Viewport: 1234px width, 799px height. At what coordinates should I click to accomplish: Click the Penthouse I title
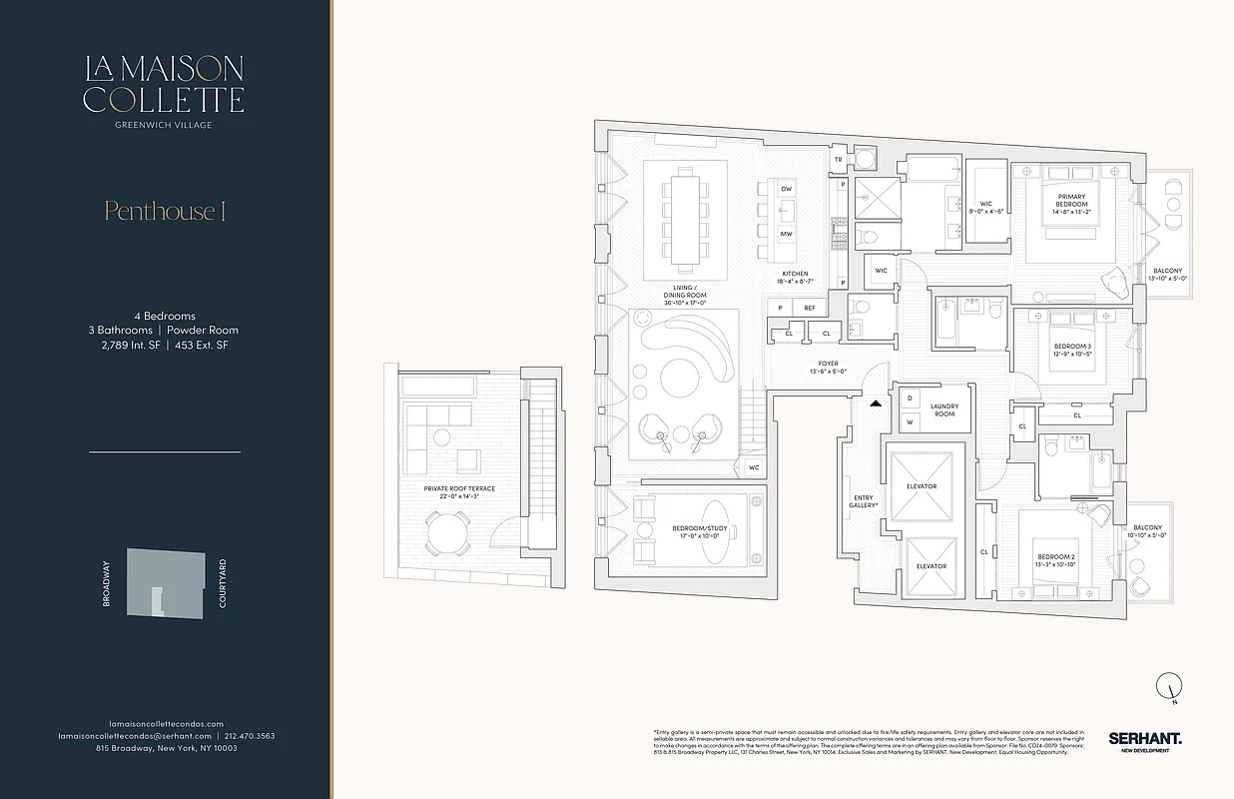tap(165, 211)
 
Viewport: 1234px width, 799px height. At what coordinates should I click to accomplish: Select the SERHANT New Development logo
tap(1144, 740)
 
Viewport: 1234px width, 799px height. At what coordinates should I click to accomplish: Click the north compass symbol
tap(1167, 686)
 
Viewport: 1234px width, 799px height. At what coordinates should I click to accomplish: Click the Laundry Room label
tap(943, 409)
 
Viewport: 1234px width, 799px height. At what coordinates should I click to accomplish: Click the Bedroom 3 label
tap(1072, 351)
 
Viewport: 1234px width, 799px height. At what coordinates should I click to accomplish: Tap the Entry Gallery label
tap(865, 500)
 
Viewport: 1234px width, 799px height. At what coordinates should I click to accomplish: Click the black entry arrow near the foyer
tap(876, 403)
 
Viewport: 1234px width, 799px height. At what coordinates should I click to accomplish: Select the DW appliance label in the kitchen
tap(787, 189)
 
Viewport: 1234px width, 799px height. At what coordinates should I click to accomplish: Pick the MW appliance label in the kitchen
tap(787, 233)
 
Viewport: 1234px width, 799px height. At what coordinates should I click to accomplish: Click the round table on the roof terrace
tap(448, 534)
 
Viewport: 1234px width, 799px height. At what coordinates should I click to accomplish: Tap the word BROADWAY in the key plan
tap(106, 585)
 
